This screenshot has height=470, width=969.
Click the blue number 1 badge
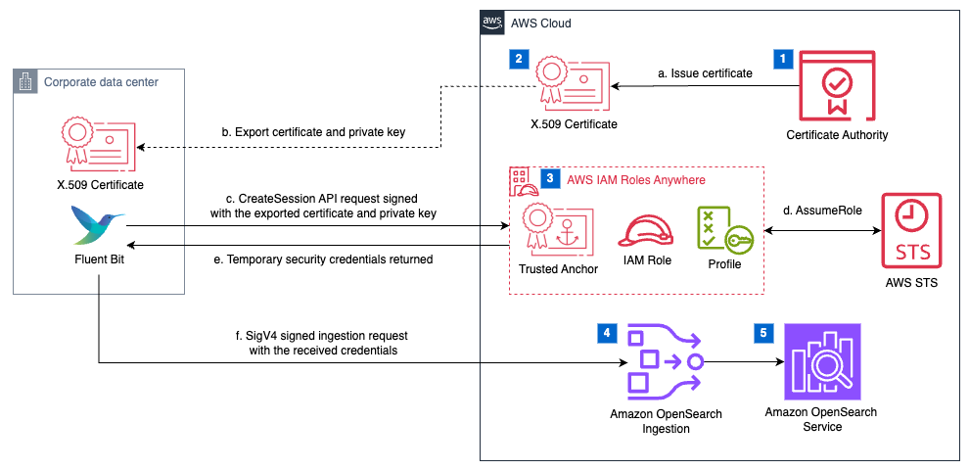(x=782, y=59)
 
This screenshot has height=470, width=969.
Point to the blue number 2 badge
(x=519, y=59)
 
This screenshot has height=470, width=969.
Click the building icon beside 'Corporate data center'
(x=26, y=81)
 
